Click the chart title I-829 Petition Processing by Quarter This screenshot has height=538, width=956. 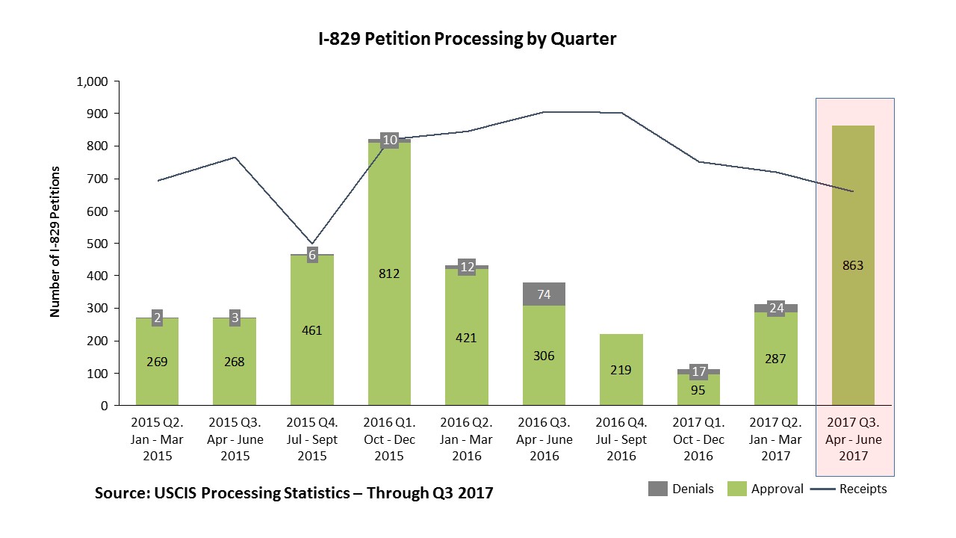pos(467,40)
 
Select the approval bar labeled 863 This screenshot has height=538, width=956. pos(853,299)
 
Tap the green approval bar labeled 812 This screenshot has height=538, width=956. pos(389,314)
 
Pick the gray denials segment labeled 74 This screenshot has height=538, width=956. pos(544,294)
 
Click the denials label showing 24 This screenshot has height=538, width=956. pos(776,308)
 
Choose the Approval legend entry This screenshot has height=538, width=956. pos(766,489)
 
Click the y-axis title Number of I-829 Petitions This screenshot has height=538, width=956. pos(55,242)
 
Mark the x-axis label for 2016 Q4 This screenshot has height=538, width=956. pos(621,440)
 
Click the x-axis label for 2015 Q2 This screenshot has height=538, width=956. pos(158,440)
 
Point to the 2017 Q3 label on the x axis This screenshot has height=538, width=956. pos(853,440)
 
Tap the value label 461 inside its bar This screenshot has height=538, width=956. pos(311,330)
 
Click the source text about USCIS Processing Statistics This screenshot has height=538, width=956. pos(294,494)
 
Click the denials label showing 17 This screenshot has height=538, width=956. pos(698,371)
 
